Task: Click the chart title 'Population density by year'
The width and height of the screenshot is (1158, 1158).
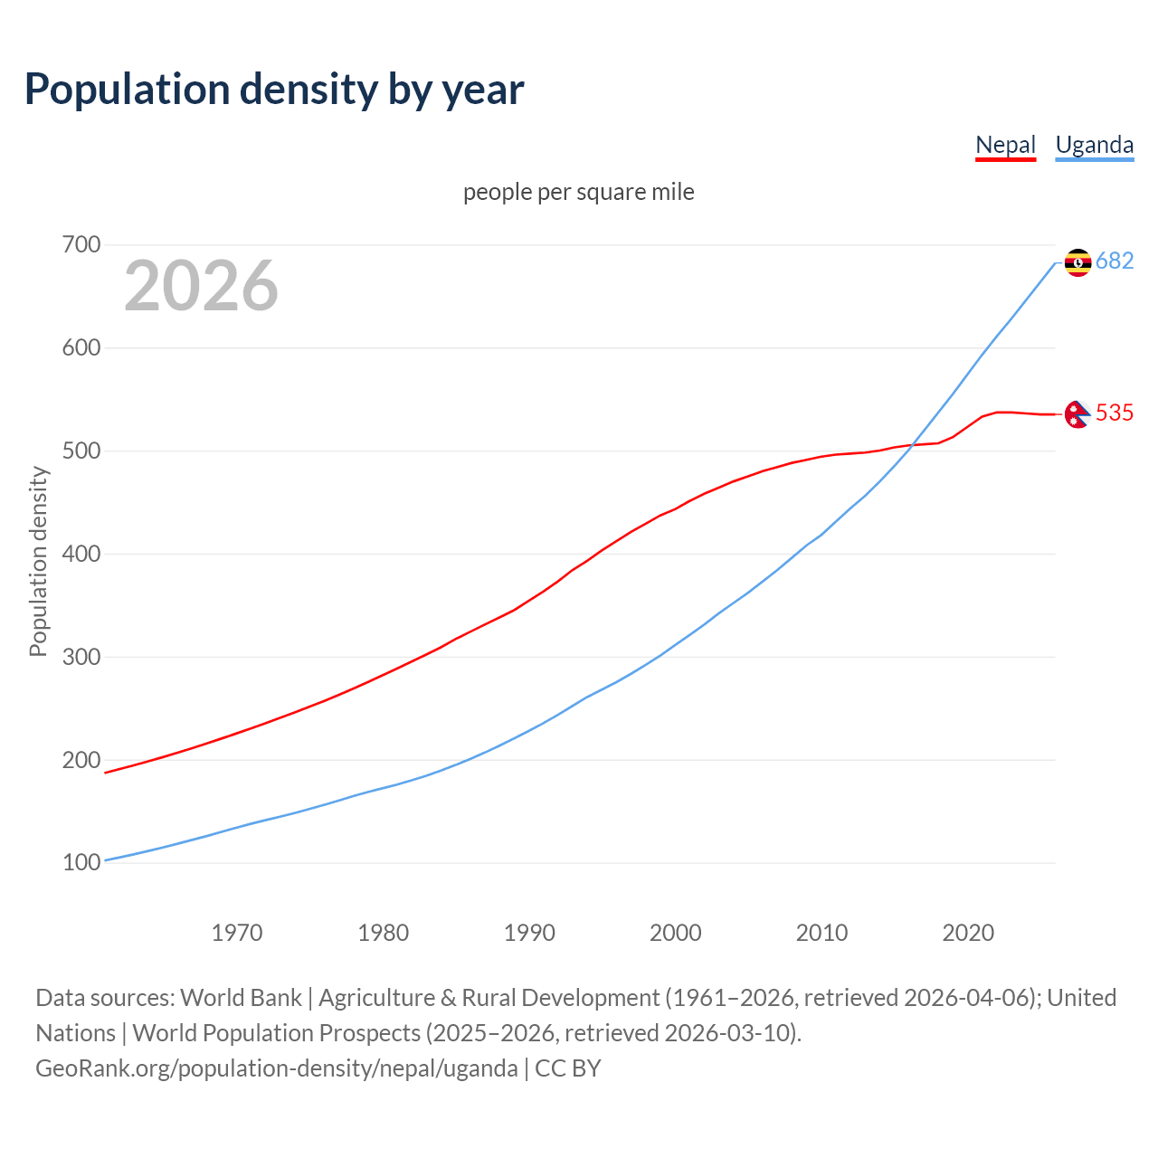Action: point(274,89)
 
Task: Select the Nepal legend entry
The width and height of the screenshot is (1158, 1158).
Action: point(1005,145)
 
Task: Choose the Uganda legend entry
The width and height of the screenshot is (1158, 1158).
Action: point(1094,145)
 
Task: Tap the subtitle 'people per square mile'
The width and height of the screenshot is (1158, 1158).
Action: point(578,192)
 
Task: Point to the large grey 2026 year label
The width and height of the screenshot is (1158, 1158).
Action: point(201,286)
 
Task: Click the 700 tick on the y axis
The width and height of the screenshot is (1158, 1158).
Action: point(81,245)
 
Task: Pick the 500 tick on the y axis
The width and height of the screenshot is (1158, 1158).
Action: point(81,451)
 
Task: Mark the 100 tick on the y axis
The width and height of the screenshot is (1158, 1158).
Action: point(81,863)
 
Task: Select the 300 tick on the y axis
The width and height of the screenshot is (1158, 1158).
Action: point(81,657)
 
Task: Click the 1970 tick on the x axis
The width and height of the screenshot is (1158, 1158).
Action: point(237,932)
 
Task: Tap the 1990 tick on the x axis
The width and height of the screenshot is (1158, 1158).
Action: point(529,932)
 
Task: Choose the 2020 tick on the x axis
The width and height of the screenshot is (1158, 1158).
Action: point(968,932)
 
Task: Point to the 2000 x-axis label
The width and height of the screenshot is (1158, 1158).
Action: point(676,932)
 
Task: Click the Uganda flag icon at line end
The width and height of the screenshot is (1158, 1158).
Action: point(1077,262)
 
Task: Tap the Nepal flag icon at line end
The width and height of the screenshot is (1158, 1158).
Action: point(1077,413)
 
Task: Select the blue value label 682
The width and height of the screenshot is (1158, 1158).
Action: point(1115,261)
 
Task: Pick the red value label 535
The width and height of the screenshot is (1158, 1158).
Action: point(1115,413)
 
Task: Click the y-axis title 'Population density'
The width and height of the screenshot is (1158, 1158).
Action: point(38,561)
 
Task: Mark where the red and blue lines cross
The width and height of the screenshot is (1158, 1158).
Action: point(911,445)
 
